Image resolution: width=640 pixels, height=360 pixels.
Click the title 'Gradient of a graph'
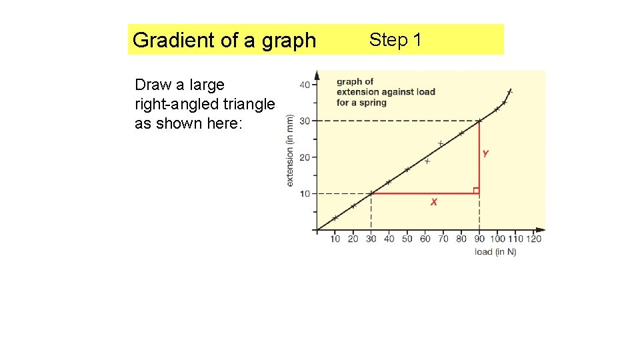[224, 40]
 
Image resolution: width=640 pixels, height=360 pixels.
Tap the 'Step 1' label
[395, 40]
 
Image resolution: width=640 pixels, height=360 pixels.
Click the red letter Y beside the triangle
[485, 154]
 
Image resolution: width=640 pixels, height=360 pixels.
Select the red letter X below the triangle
[434, 202]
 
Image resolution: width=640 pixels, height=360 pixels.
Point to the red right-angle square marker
[476, 191]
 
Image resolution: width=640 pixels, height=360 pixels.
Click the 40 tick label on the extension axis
[305, 85]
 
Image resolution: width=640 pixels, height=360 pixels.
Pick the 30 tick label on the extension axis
[305, 121]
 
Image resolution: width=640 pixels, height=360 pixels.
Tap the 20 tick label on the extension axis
[305, 157]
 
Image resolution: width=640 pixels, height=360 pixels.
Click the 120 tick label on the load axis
[534, 239]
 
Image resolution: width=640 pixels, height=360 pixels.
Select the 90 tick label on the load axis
[480, 239]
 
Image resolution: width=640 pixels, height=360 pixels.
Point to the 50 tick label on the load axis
[407, 239]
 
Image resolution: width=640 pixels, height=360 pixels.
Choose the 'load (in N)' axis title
[495, 251]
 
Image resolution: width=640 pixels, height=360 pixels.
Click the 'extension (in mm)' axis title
[290, 150]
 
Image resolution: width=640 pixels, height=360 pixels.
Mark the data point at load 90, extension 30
[479, 121]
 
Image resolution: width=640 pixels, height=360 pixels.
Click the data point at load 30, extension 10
[371, 193]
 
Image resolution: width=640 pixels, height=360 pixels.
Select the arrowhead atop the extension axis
[317, 73]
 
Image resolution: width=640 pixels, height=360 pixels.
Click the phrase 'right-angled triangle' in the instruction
[205, 105]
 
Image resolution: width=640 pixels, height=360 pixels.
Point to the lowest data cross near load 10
[335, 218]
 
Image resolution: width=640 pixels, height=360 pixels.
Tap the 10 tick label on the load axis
[335, 239]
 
